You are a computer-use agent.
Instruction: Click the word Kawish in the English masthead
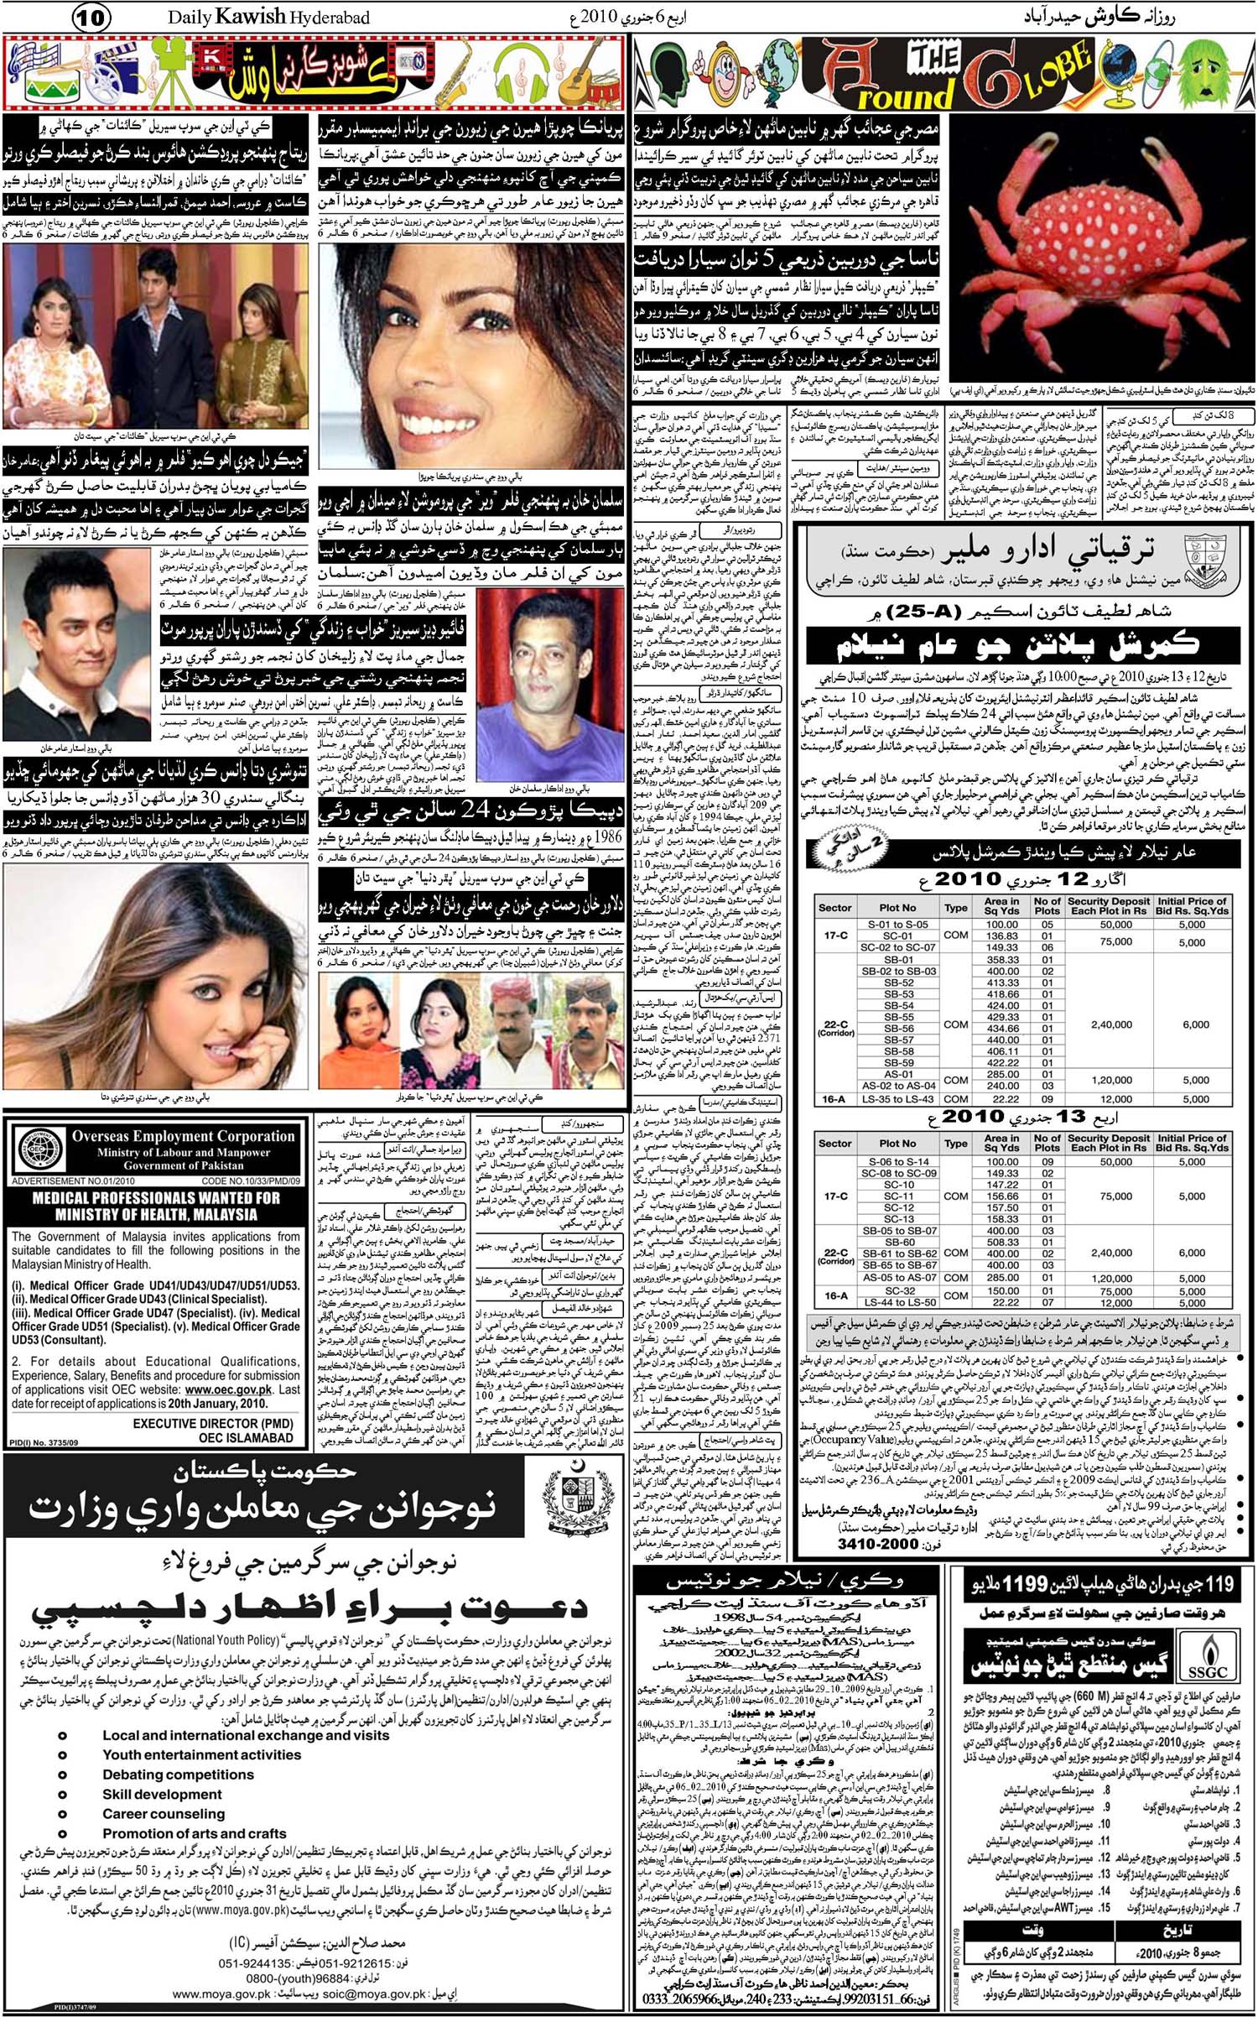(x=260, y=16)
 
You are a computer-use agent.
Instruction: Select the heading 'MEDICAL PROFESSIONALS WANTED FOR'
(x=156, y=1197)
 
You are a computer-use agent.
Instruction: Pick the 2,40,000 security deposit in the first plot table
(x=1111, y=1024)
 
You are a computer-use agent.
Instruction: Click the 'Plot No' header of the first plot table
(x=897, y=907)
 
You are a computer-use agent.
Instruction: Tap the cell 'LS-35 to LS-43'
(x=897, y=1098)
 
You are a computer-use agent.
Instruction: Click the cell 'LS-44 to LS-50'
(x=897, y=1302)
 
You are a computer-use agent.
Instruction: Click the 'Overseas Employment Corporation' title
(x=183, y=1137)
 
